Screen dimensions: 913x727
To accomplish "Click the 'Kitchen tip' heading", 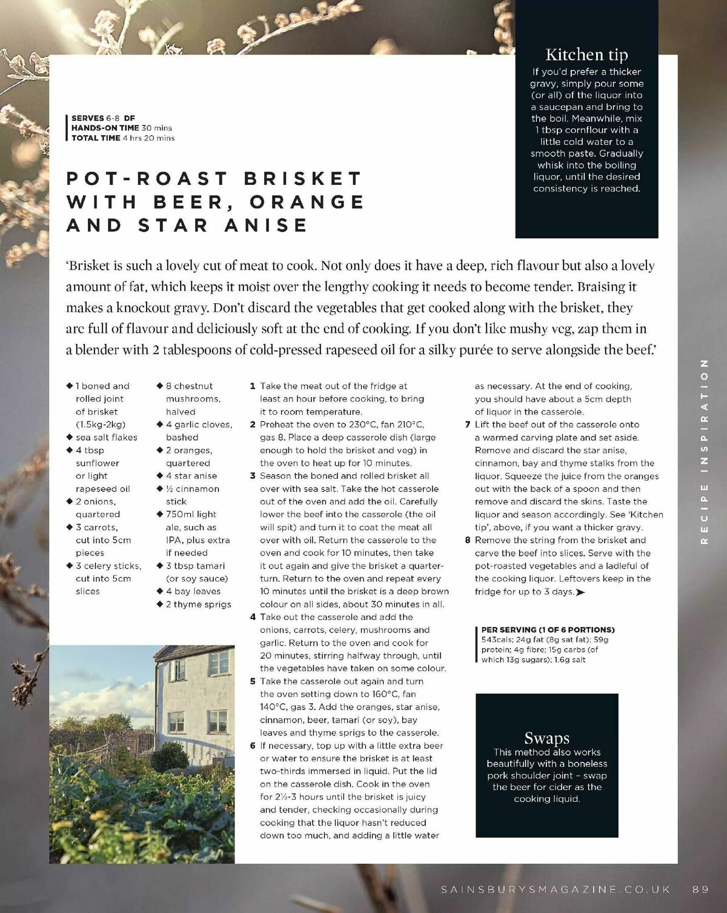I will [586, 55].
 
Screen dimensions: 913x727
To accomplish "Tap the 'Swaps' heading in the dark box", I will [546, 738].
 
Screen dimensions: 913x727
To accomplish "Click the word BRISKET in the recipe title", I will [303, 178].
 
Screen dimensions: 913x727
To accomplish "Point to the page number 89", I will [700, 889].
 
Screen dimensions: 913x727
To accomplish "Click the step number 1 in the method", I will [253, 386].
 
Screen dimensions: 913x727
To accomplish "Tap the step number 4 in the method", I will [253, 617].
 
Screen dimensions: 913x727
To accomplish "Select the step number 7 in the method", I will [468, 424].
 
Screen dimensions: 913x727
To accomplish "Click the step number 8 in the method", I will [468, 540].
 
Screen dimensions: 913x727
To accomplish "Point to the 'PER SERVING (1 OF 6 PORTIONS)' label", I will [548, 630].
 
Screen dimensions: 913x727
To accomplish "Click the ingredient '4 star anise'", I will [191, 476].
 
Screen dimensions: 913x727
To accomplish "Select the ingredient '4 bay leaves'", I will [193, 591].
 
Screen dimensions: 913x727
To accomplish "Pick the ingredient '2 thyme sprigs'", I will [198, 604].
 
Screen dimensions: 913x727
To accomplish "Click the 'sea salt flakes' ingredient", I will [106, 437].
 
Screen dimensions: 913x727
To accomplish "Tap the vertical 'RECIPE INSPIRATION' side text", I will [704, 451].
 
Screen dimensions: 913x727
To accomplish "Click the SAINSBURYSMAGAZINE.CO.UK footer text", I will [556, 889].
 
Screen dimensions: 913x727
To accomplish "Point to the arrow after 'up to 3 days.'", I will [580, 592].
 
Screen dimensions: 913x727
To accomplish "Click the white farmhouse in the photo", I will [194, 697].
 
